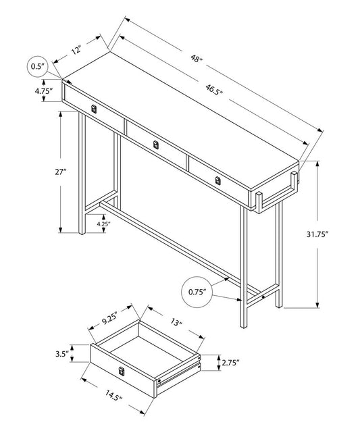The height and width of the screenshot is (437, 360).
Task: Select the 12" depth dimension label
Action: point(76,50)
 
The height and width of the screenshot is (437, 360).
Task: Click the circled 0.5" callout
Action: point(36,66)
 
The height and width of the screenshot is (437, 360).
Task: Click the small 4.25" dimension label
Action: point(103,223)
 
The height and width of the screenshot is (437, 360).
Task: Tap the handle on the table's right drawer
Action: point(217,179)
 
